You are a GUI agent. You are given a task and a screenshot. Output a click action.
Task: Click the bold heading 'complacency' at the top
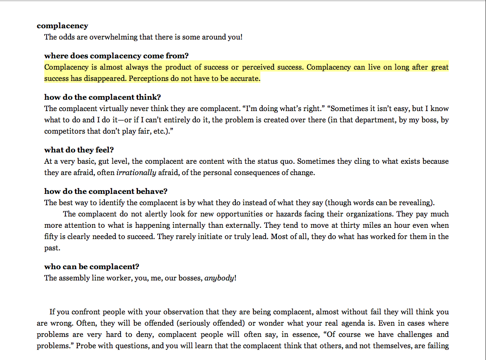(x=62, y=26)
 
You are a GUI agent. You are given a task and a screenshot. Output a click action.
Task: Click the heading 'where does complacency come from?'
(x=116, y=56)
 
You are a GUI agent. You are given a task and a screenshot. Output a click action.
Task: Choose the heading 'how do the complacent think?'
(x=102, y=97)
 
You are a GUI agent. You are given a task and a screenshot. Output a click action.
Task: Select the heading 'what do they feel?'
(x=79, y=150)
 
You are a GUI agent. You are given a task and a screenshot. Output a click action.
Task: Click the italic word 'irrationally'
(x=136, y=173)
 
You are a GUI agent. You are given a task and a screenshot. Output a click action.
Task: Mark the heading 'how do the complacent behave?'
(x=106, y=192)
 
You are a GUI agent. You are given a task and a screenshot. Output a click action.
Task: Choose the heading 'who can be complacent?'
(x=92, y=267)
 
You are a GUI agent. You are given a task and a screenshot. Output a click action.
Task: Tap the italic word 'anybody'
(x=219, y=278)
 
